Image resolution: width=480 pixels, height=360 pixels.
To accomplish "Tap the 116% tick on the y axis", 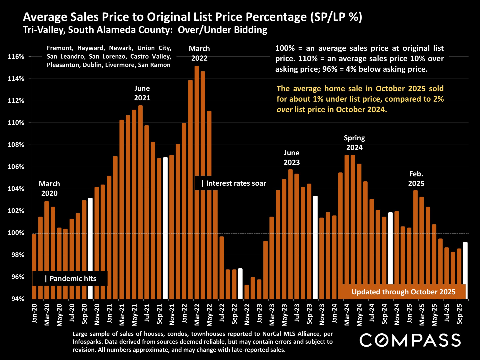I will [x=16, y=57].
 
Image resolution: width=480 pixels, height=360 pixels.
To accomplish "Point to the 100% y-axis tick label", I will [x=16, y=233].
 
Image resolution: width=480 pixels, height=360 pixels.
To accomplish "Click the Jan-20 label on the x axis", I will [x=35, y=313].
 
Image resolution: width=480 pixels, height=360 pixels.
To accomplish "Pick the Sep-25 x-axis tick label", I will [x=460, y=314].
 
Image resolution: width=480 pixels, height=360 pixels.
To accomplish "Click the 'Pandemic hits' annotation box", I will [x=70, y=279].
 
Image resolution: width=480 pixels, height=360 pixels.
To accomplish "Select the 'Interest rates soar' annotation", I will [x=233, y=183].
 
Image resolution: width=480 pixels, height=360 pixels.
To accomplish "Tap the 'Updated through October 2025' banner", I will [x=403, y=292].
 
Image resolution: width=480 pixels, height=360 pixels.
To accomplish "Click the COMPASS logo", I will [x=410, y=340].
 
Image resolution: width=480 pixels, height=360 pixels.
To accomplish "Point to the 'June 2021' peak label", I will [x=142, y=93].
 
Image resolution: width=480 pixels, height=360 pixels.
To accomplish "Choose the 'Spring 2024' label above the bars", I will [x=354, y=143].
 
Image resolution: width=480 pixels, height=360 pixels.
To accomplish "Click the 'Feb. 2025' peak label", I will [x=416, y=179].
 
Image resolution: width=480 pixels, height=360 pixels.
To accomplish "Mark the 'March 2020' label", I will [x=49, y=188].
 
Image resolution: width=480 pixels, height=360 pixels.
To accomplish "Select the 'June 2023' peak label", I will [x=292, y=158].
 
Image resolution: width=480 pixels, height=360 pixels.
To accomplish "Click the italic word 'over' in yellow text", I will [x=284, y=110].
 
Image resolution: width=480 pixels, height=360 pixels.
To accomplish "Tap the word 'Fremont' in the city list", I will [x=60, y=48].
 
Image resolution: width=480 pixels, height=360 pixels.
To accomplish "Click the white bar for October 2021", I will [x=165, y=228].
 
